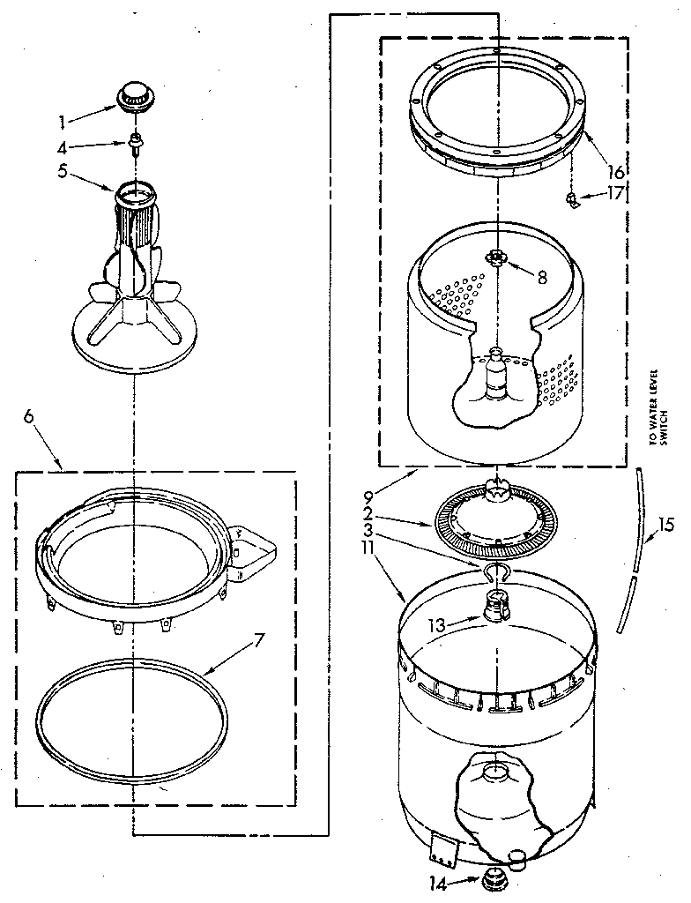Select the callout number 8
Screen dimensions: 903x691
[542, 276]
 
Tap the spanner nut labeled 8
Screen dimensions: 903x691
[498, 257]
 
